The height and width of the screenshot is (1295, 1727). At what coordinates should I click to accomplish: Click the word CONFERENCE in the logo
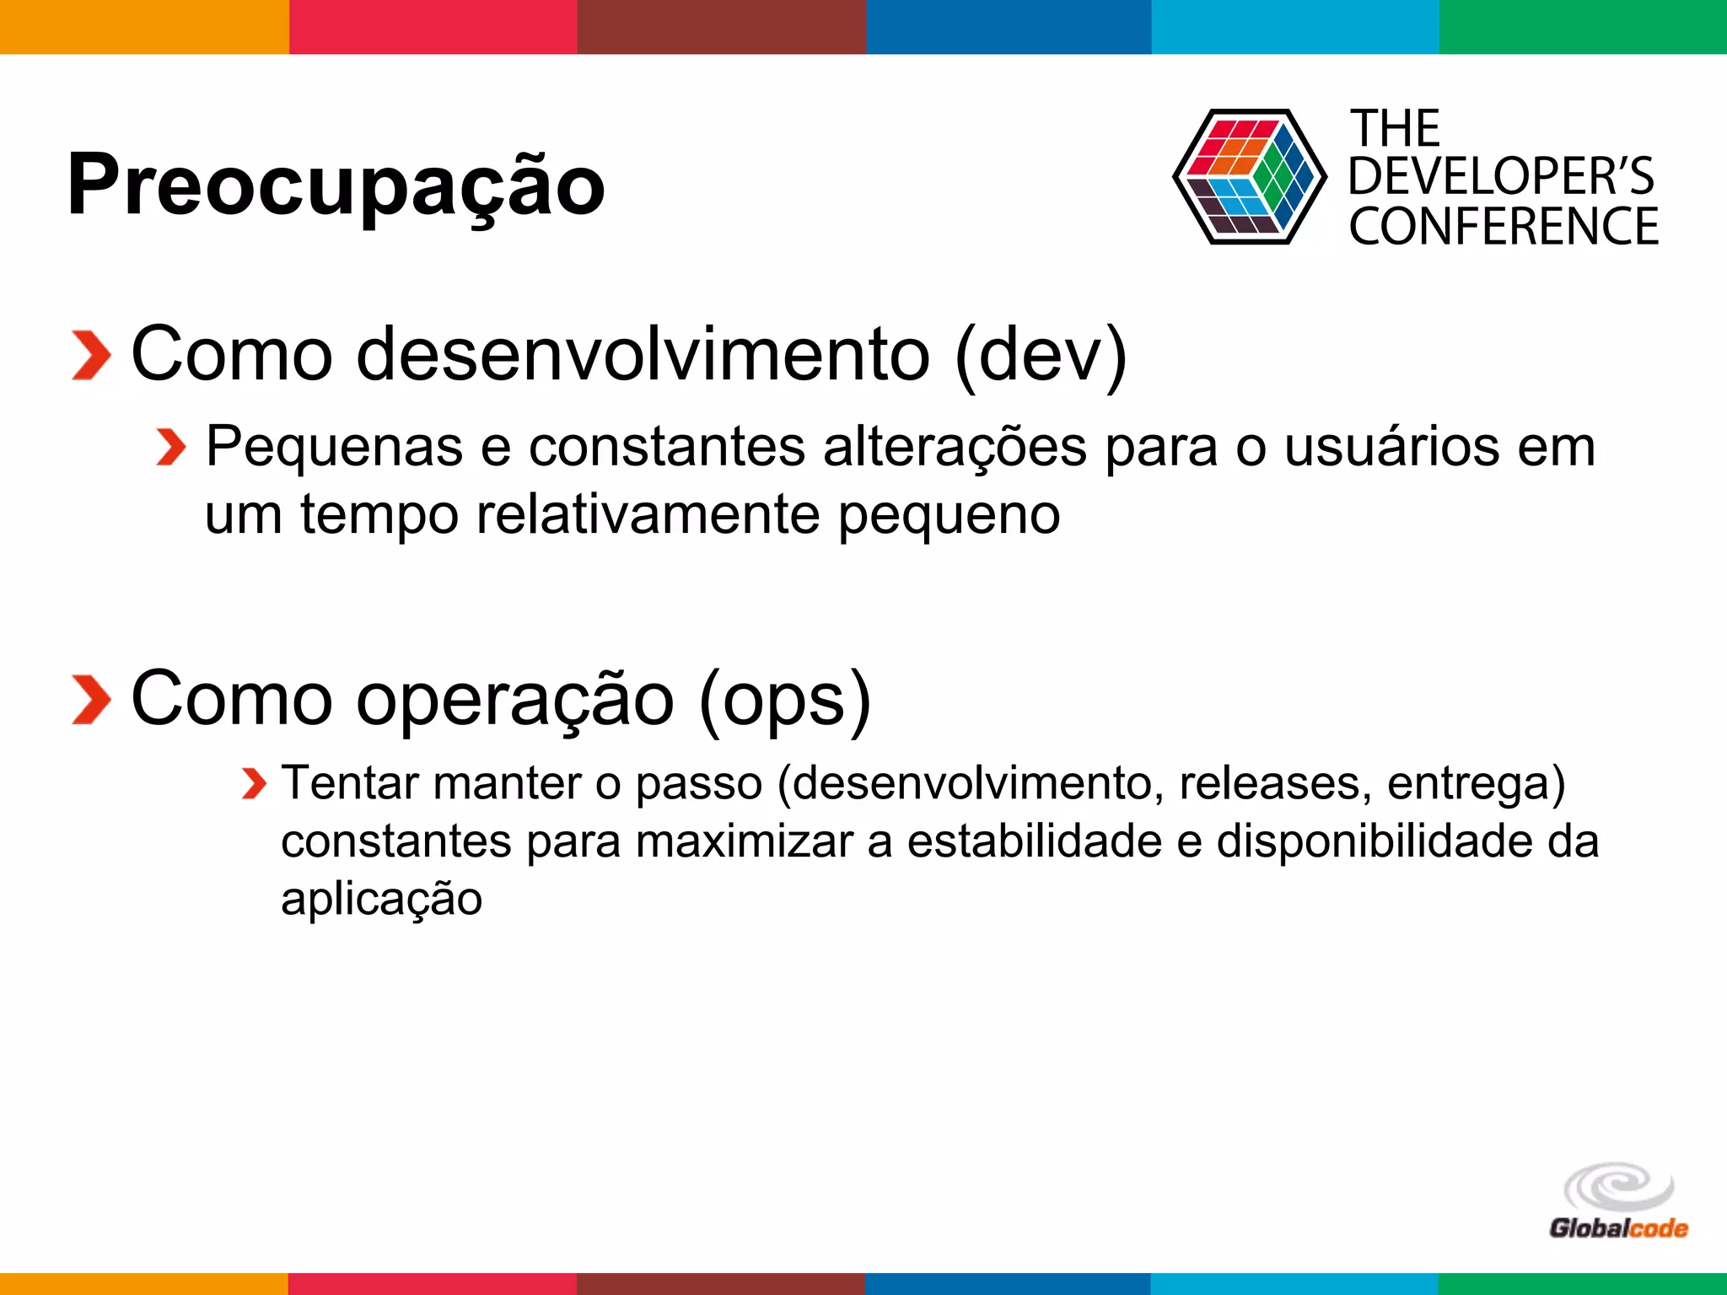1504,227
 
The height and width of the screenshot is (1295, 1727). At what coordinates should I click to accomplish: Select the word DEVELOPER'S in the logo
1500,177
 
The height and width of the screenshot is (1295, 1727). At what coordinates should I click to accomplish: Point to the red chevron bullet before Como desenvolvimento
91,356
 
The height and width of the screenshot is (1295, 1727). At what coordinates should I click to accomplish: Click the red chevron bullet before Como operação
91,700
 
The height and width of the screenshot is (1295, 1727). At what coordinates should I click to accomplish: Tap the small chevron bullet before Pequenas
171,447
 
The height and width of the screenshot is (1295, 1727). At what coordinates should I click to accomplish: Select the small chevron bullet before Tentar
253,784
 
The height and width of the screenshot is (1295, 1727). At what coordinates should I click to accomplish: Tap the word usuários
1391,447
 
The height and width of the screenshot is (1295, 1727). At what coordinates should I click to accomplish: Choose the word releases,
1269,784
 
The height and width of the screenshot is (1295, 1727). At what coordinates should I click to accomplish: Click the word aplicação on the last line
381,899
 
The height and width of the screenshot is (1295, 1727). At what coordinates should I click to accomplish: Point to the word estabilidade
1034,841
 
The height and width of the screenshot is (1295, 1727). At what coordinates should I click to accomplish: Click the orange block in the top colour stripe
143,27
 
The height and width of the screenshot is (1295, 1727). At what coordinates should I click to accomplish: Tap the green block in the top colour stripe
1583,27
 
